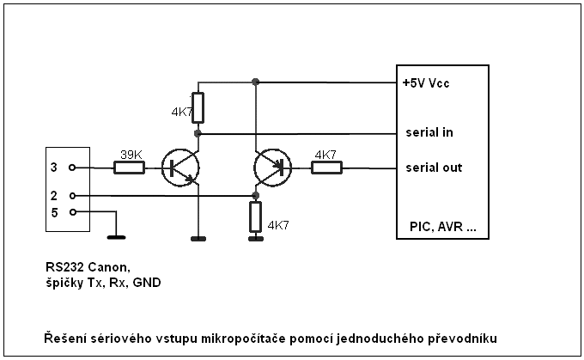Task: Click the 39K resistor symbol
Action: pyautogui.click(x=129, y=168)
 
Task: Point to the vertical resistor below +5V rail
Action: pyautogui.click(x=198, y=107)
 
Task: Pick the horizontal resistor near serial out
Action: pyautogui.click(x=326, y=168)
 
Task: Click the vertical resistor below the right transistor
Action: pyautogui.click(x=255, y=217)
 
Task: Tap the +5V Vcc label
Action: pyautogui.click(x=426, y=83)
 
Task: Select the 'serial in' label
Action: pyautogui.click(x=429, y=133)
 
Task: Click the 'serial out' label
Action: pyautogui.click(x=433, y=168)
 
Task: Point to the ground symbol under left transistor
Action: pyautogui.click(x=198, y=237)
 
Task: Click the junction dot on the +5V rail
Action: pyautogui.click(x=255, y=82)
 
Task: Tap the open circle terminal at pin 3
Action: pyautogui.click(x=72, y=168)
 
